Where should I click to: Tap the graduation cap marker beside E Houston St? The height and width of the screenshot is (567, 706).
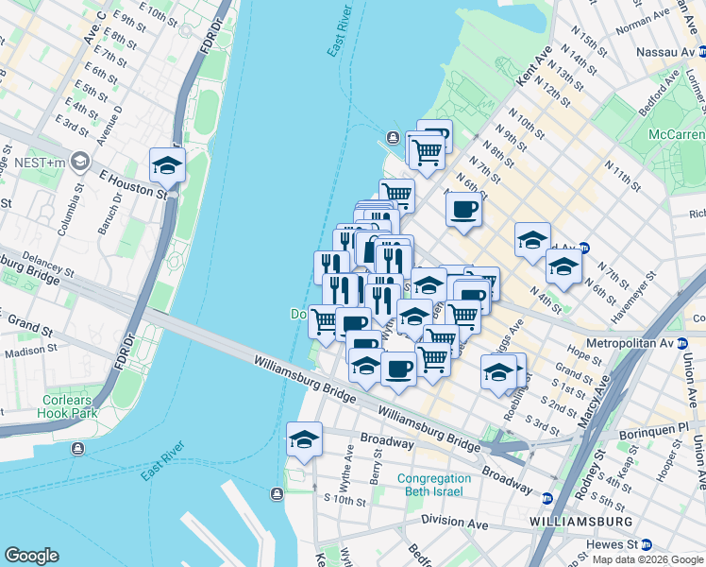[x=167, y=166]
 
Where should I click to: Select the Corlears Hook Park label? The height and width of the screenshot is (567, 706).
[x=68, y=406]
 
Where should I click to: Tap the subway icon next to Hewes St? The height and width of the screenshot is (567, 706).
[x=647, y=545]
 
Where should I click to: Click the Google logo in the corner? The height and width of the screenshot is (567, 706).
[x=31, y=556]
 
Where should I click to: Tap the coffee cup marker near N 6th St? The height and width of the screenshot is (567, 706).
[x=463, y=210]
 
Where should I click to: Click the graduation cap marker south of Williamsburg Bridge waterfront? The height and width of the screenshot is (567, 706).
[x=304, y=439]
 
